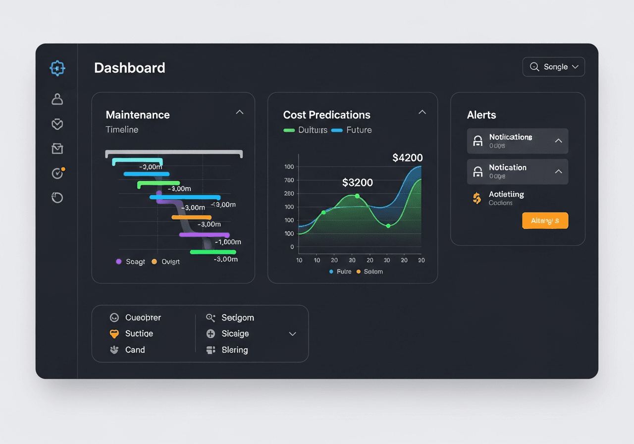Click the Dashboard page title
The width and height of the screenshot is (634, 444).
(130, 68)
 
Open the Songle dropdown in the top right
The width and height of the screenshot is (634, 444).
(554, 67)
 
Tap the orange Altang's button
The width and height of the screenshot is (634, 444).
(545, 221)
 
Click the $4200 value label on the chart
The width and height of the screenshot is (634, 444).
(407, 158)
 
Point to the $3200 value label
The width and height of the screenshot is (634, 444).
(357, 183)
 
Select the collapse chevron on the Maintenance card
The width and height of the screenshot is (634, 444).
(240, 112)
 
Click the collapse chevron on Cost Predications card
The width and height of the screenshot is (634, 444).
(422, 112)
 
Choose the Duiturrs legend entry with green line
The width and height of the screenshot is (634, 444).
(305, 130)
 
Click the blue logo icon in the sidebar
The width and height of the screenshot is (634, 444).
(57, 68)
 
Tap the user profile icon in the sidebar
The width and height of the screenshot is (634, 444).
(57, 99)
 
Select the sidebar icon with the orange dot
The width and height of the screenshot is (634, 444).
(58, 173)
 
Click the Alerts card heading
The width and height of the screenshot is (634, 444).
(481, 115)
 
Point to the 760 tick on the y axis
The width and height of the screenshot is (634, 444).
(289, 180)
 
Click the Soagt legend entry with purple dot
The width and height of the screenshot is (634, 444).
(131, 262)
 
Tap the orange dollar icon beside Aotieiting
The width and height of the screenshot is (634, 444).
(476, 198)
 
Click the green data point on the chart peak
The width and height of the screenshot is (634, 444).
(357, 196)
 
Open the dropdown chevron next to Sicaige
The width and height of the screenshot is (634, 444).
(292, 334)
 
